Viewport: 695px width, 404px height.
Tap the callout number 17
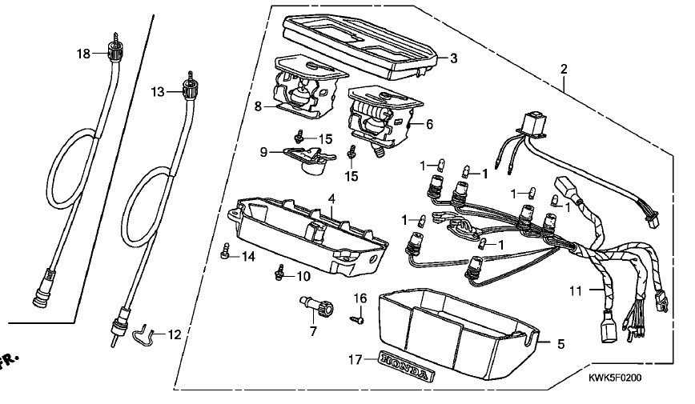355,360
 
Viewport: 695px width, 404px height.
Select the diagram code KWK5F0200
615,378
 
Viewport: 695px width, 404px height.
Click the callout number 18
83,54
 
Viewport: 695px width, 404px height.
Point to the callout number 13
158,92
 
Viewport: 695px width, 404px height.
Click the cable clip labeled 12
142,335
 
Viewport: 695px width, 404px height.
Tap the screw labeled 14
226,250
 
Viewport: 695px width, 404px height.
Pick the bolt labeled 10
279,273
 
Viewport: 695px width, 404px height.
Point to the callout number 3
453,58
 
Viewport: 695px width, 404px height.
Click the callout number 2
564,69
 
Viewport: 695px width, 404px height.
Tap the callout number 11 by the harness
576,291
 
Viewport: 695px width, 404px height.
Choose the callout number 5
561,344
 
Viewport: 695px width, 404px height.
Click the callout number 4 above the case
331,198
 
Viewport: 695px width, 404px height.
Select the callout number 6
429,125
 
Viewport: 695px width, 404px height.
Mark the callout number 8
259,106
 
